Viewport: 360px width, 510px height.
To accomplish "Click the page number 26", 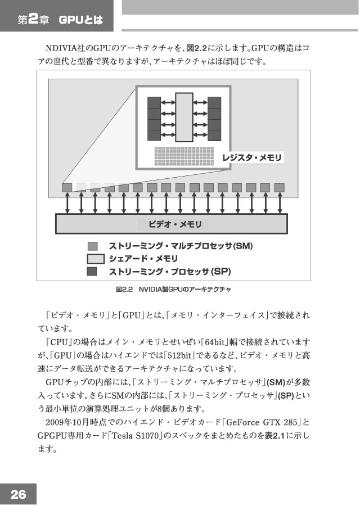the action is pos(18,494).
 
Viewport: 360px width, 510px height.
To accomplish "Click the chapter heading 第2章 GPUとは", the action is pos(60,20).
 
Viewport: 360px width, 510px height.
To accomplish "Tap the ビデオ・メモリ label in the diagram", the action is pos(175,224).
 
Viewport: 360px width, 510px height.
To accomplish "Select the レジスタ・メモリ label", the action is pos(251,158).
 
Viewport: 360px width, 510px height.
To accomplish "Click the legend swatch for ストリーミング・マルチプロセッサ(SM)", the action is pos(93,246).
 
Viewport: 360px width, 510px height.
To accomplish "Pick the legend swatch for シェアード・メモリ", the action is pos(96,259).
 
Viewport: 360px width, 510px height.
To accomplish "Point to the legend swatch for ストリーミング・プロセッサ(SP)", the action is pos(92,271).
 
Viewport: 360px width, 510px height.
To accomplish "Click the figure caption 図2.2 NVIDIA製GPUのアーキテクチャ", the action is pos(173,289).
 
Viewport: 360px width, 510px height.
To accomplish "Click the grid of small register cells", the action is pos(184,156).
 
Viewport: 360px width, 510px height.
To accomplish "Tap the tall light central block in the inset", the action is pos(184,118).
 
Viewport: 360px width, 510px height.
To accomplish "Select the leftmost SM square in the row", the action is pos(67,188).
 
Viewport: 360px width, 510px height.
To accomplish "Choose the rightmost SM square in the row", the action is pos(279,188).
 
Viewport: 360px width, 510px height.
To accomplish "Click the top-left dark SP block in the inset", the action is pos(154,102).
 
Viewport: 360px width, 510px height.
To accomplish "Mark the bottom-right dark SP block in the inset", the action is pos(214,136).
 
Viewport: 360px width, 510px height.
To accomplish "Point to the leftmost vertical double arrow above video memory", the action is pos(67,203).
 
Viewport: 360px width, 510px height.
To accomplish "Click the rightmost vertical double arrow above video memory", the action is pos(280,203).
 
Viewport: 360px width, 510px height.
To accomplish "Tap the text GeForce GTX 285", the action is pos(262,422).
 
